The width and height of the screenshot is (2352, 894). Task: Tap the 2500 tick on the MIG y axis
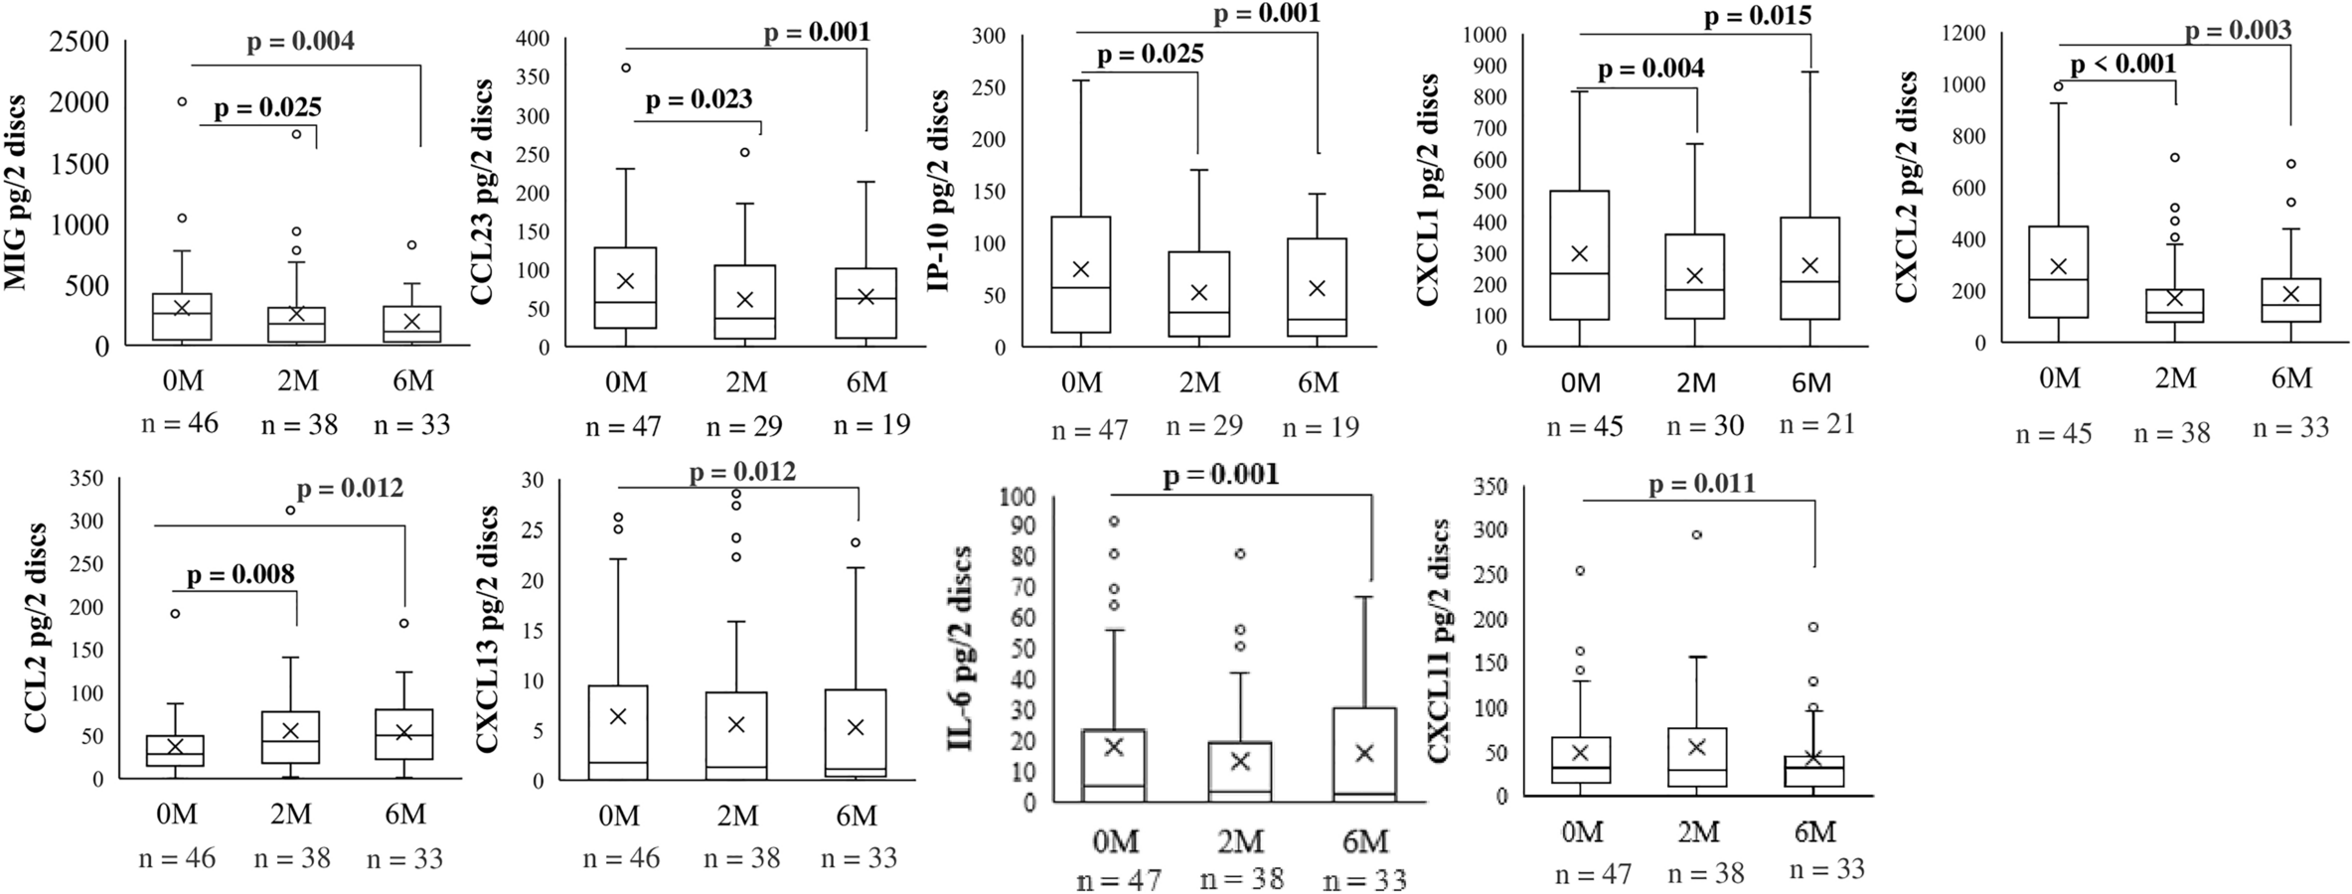80,43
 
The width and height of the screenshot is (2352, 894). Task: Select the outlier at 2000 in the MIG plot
183,101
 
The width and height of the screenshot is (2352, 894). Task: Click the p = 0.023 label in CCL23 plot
699,99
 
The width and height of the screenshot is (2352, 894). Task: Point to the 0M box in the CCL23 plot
626,287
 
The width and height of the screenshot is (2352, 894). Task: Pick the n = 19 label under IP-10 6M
1320,426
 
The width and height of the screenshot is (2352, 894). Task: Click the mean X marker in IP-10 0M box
1081,269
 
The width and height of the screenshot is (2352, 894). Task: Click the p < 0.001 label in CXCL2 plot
2122,64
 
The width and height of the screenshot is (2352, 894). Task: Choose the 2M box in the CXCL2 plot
2174,305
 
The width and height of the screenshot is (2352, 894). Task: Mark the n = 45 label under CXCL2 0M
2053,433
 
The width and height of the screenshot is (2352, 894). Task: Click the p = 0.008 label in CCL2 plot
240,573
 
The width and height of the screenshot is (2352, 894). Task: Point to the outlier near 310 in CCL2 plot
290,510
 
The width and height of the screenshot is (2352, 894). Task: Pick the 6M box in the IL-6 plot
1365,753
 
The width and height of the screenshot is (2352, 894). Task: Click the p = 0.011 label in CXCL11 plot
1701,484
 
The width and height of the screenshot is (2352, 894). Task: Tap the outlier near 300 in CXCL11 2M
1697,534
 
